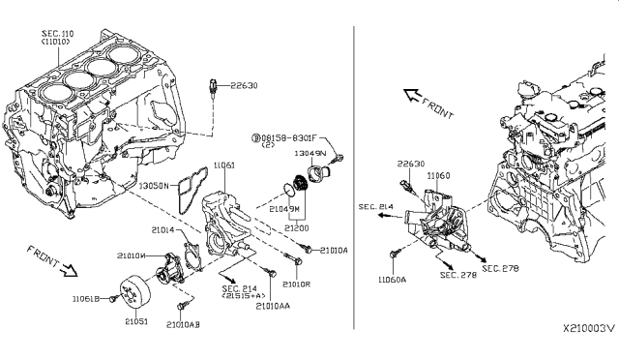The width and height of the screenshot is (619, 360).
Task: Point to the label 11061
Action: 224,166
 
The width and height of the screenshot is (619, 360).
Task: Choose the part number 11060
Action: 438,177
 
